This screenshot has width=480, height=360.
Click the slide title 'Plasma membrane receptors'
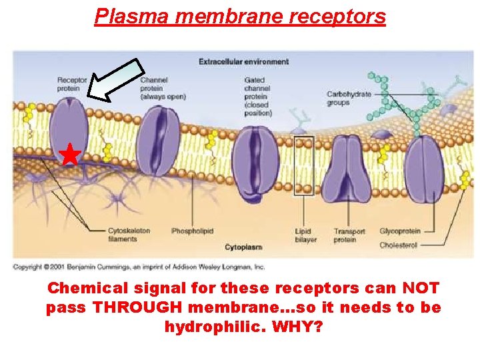pyautogui.click(x=240, y=16)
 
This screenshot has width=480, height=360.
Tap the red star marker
pyautogui.click(x=69, y=155)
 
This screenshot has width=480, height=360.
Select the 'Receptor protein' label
pyautogui.click(x=72, y=85)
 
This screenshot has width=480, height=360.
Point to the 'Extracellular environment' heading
pyautogui.click(x=243, y=62)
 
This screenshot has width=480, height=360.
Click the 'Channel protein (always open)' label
pyautogui.click(x=163, y=89)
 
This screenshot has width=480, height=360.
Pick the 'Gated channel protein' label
pyautogui.click(x=258, y=97)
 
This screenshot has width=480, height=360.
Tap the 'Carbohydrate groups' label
pyautogui.click(x=349, y=99)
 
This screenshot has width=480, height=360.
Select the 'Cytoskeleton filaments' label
pyautogui.click(x=129, y=235)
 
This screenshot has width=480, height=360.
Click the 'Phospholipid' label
pyautogui.click(x=192, y=231)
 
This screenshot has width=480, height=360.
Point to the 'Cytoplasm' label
pyautogui.click(x=243, y=247)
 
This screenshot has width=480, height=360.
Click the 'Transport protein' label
pyautogui.click(x=349, y=235)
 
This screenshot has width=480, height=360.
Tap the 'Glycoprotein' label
pyautogui.click(x=399, y=231)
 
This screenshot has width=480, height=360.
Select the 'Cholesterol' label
pyautogui.click(x=398, y=245)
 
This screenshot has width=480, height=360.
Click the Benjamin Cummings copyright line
pyautogui.click(x=139, y=267)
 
